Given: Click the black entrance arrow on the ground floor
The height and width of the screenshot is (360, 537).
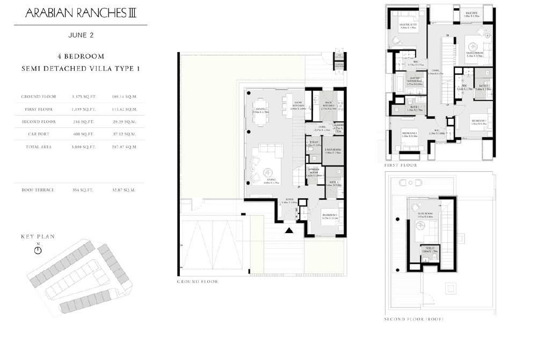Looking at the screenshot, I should point(289,231).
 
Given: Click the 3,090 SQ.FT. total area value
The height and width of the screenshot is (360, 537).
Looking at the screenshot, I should point(84,147).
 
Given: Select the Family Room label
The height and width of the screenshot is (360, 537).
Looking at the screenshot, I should point(475,52).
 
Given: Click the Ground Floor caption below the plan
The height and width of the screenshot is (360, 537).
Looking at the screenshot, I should point(197,281).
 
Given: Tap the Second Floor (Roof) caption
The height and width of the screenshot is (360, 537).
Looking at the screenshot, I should point(413,319).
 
